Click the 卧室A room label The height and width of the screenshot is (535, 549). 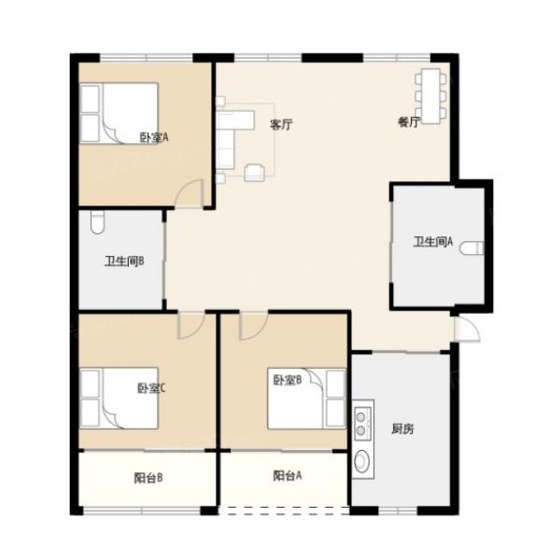click(x=154, y=137)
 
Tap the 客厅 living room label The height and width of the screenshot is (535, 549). click(x=281, y=124)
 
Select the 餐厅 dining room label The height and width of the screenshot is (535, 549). click(x=409, y=121)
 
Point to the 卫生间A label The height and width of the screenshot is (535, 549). click(x=433, y=242)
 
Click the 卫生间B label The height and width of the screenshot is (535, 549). click(x=124, y=261)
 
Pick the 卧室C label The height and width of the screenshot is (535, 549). click(x=151, y=388)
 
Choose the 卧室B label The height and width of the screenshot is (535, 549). click(x=288, y=380)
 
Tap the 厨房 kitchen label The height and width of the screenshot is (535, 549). click(x=402, y=429)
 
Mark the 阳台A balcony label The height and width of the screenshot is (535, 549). click(x=288, y=475)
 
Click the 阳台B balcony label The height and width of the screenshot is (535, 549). click(x=148, y=478)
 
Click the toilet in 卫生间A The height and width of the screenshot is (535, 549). click(x=472, y=248)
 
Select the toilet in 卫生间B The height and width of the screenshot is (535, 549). click(x=97, y=222)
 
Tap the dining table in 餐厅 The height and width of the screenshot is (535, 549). click(x=430, y=96)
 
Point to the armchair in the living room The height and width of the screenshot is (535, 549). click(x=255, y=172)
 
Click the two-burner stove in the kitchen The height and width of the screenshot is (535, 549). click(x=362, y=424)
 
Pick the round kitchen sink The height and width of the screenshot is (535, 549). click(x=361, y=461)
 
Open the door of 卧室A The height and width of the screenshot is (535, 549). click(x=190, y=193)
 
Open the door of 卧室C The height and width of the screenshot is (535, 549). click(x=190, y=325)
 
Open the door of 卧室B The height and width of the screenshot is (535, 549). click(x=254, y=326)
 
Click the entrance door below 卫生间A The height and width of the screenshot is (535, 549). click(x=467, y=329)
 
